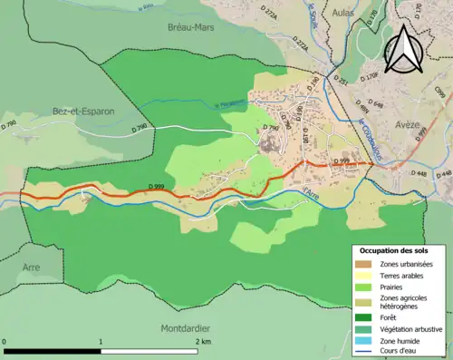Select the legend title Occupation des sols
(x=395, y=249)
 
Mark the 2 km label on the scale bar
(x=201, y=342)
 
